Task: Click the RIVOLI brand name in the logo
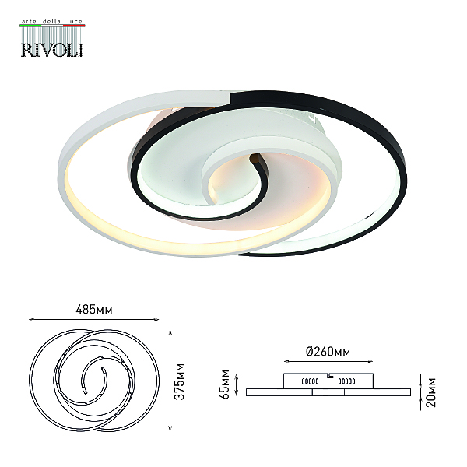pyautogui.click(x=52, y=50)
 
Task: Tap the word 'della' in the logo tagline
pyautogui.click(x=51, y=22)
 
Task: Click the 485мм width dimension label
pyautogui.click(x=94, y=310)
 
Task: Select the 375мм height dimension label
pyautogui.click(x=180, y=381)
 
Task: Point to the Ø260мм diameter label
pyautogui.click(x=328, y=352)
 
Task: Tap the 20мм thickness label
pyautogui.click(x=430, y=392)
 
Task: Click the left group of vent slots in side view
pyautogui.click(x=310, y=381)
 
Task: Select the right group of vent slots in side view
pyautogui.click(x=346, y=381)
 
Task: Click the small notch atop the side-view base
pyautogui.click(x=330, y=376)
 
